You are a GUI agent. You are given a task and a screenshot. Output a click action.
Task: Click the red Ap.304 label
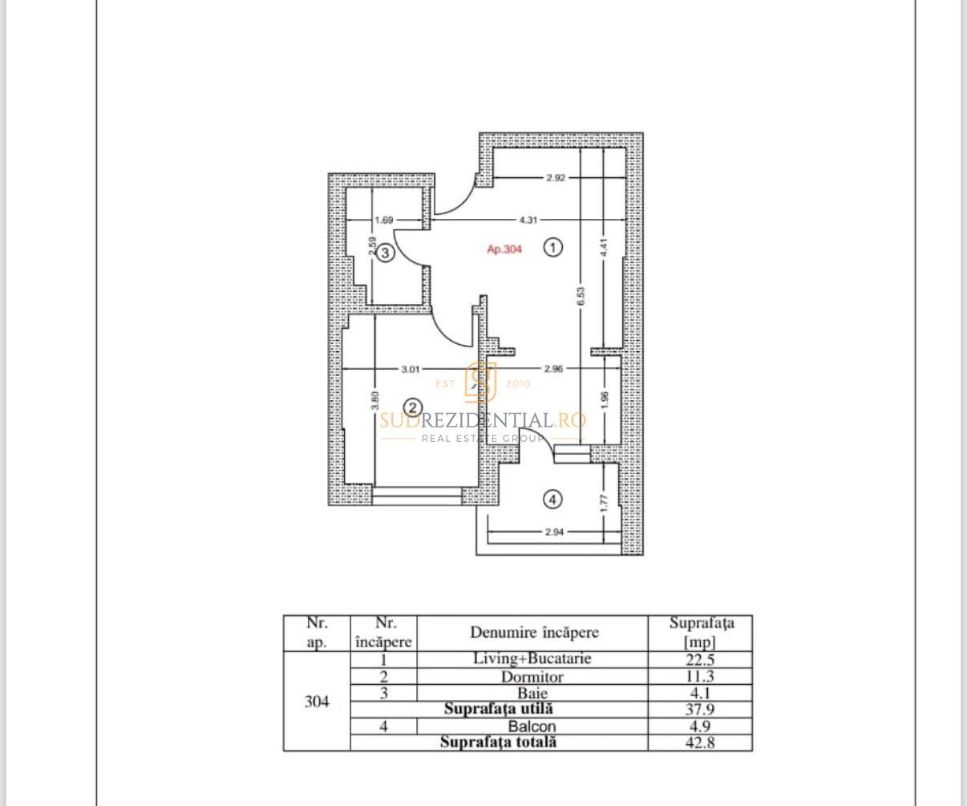click(x=504, y=249)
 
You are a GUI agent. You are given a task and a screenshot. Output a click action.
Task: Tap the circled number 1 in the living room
click(x=553, y=247)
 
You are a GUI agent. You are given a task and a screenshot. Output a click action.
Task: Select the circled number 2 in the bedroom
click(x=412, y=407)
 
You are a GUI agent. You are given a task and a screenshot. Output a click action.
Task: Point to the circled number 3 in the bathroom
click(x=385, y=253)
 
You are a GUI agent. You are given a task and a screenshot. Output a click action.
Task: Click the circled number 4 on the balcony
click(x=552, y=500)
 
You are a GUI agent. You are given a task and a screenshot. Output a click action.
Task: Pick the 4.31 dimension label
click(x=528, y=219)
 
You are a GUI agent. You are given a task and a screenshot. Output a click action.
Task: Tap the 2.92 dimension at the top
click(x=555, y=177)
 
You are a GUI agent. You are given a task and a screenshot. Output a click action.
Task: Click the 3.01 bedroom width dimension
click(x=410, y=369)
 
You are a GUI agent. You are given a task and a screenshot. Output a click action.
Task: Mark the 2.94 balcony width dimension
click(x=553, y=531)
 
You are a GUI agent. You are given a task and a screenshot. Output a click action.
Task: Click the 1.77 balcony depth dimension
click(x=605, y=503)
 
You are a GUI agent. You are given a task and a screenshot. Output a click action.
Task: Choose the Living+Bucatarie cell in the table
click(x=532, y=658)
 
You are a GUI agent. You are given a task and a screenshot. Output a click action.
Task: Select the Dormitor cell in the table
click(x=532, y=676)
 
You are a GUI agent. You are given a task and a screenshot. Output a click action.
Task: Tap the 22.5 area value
click(x=700, y=659)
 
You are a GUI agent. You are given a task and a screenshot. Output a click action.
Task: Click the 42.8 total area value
click(x=700, y=743)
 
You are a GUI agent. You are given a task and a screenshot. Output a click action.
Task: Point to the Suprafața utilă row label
click(x=498, y=709)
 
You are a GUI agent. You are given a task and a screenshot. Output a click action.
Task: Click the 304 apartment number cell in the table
click(x=317, y=702)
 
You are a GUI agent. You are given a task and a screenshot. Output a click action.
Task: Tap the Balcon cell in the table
click(x=532, y=727)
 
